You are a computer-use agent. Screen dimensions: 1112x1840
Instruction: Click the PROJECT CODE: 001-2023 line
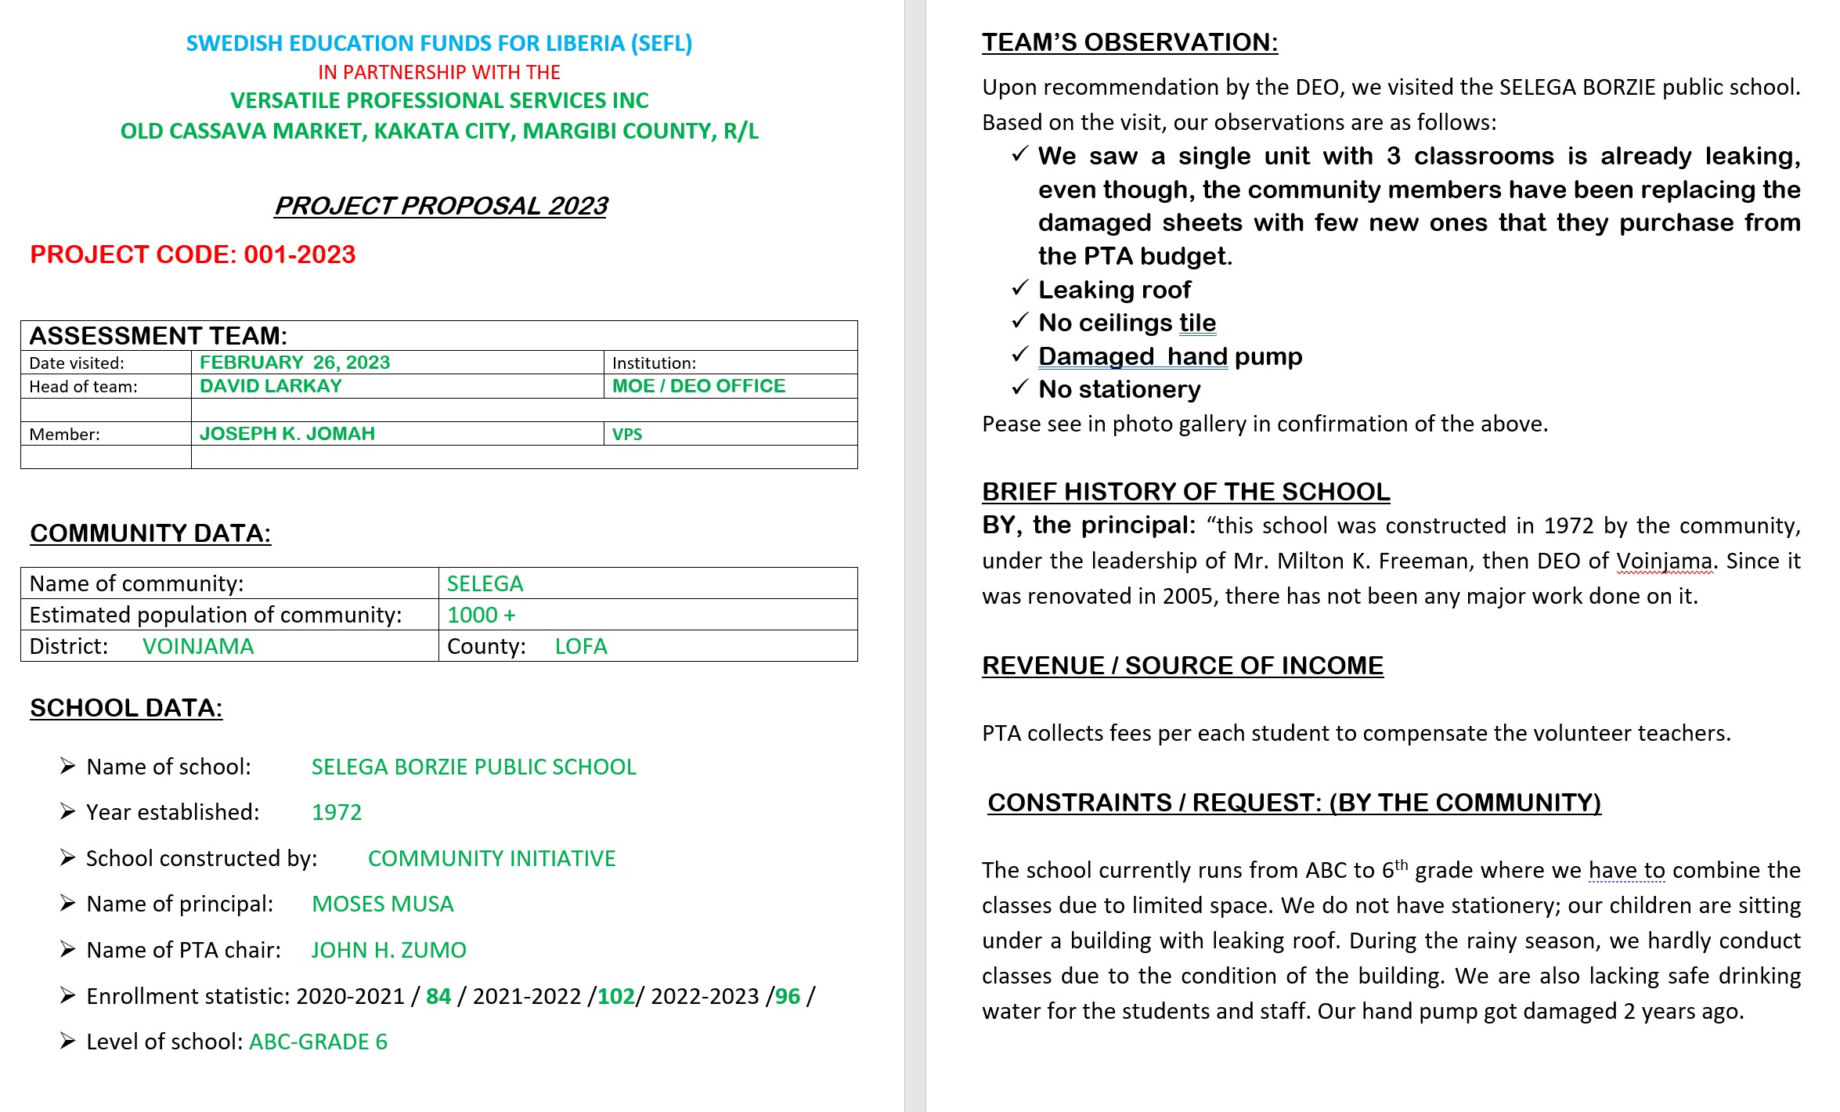tap(193, 255)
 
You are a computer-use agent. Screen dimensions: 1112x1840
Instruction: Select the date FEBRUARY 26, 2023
tap(294, 363)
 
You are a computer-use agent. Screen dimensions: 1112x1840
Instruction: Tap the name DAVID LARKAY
tap(271, 386)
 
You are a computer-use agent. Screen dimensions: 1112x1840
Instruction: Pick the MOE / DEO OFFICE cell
tap(698, 386)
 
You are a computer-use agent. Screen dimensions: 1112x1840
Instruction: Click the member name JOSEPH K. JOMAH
tap(287, 434)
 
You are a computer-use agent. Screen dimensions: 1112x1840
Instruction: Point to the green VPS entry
tap(627, 435)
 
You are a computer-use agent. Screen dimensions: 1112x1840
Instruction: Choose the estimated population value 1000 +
tap(481, 615)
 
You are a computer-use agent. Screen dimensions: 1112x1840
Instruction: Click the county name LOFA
tap(581, 646)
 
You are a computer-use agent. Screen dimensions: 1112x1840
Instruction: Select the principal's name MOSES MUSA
tap(382, 904)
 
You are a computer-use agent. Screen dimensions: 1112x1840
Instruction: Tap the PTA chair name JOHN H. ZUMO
tap(388, 950)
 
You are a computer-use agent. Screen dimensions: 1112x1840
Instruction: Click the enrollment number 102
tap(616, 996)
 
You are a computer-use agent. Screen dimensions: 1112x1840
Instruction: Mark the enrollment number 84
tap(438, 996)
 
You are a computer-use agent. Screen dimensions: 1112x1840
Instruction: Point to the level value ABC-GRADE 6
tap(318, 1042)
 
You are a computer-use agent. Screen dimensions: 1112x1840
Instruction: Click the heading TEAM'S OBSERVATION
tap(1130, 42)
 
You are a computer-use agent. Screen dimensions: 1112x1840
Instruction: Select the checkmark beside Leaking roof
tap(1019, 288)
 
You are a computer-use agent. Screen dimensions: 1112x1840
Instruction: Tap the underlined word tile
tap(1197, 323)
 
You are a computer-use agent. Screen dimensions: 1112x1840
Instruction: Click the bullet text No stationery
tap(1119, 389)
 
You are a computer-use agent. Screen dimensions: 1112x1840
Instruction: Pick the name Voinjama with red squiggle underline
tap(1665, 561)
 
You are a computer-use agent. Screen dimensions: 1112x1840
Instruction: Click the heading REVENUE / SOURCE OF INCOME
tap(1182, 666)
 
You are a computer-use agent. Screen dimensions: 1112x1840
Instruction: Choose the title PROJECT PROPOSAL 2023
tap(441, 205)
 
